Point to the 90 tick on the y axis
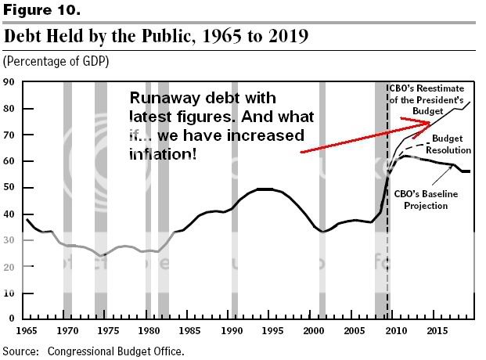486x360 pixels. point(9,81)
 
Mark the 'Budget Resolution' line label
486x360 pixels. point(450,144)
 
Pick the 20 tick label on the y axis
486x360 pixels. point(9,267)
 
